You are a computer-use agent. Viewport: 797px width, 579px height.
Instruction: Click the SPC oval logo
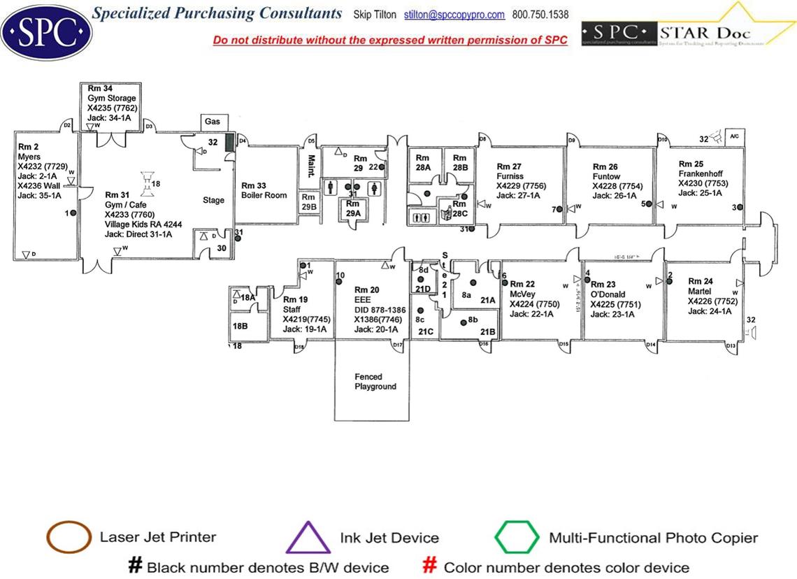pyautogui.click(x=46, y=31)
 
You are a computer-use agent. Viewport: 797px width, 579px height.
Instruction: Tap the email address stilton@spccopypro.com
pyautogui.click(x=454, y=15)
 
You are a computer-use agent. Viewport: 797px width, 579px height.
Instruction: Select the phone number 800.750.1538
pyautogui.click(x=540, y=15)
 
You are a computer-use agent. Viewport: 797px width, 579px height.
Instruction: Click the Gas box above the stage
pyautogui.click(x=213, y=122)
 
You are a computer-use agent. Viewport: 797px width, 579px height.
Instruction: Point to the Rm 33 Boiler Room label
pyautogui.click(x=264, y=190)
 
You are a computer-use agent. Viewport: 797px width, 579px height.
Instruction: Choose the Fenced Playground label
pyautogui.click(x=375, y=382)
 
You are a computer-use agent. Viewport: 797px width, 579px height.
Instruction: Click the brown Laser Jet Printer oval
pyautogui.click(x=68, y=537)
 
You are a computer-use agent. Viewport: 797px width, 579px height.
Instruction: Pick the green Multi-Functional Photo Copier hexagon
pyautogui.click(x=517, y=538)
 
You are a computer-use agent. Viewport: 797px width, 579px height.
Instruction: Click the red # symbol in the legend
pyautogui.click(x=431, y=566)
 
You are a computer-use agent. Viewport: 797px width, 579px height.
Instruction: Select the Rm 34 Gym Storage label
pyautogui.click(x=110, y=98)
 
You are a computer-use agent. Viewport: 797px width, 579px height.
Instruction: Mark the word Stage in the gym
pyautogui.click(x=213, y=200)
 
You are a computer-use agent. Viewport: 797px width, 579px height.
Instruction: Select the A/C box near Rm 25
pyautogui.click(x=734, y=136)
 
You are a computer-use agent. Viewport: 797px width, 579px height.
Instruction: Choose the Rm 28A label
pyautogui.click(x=423, y=158)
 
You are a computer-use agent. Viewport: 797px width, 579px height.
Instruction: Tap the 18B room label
pyautogui.click(x=240, y=326)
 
